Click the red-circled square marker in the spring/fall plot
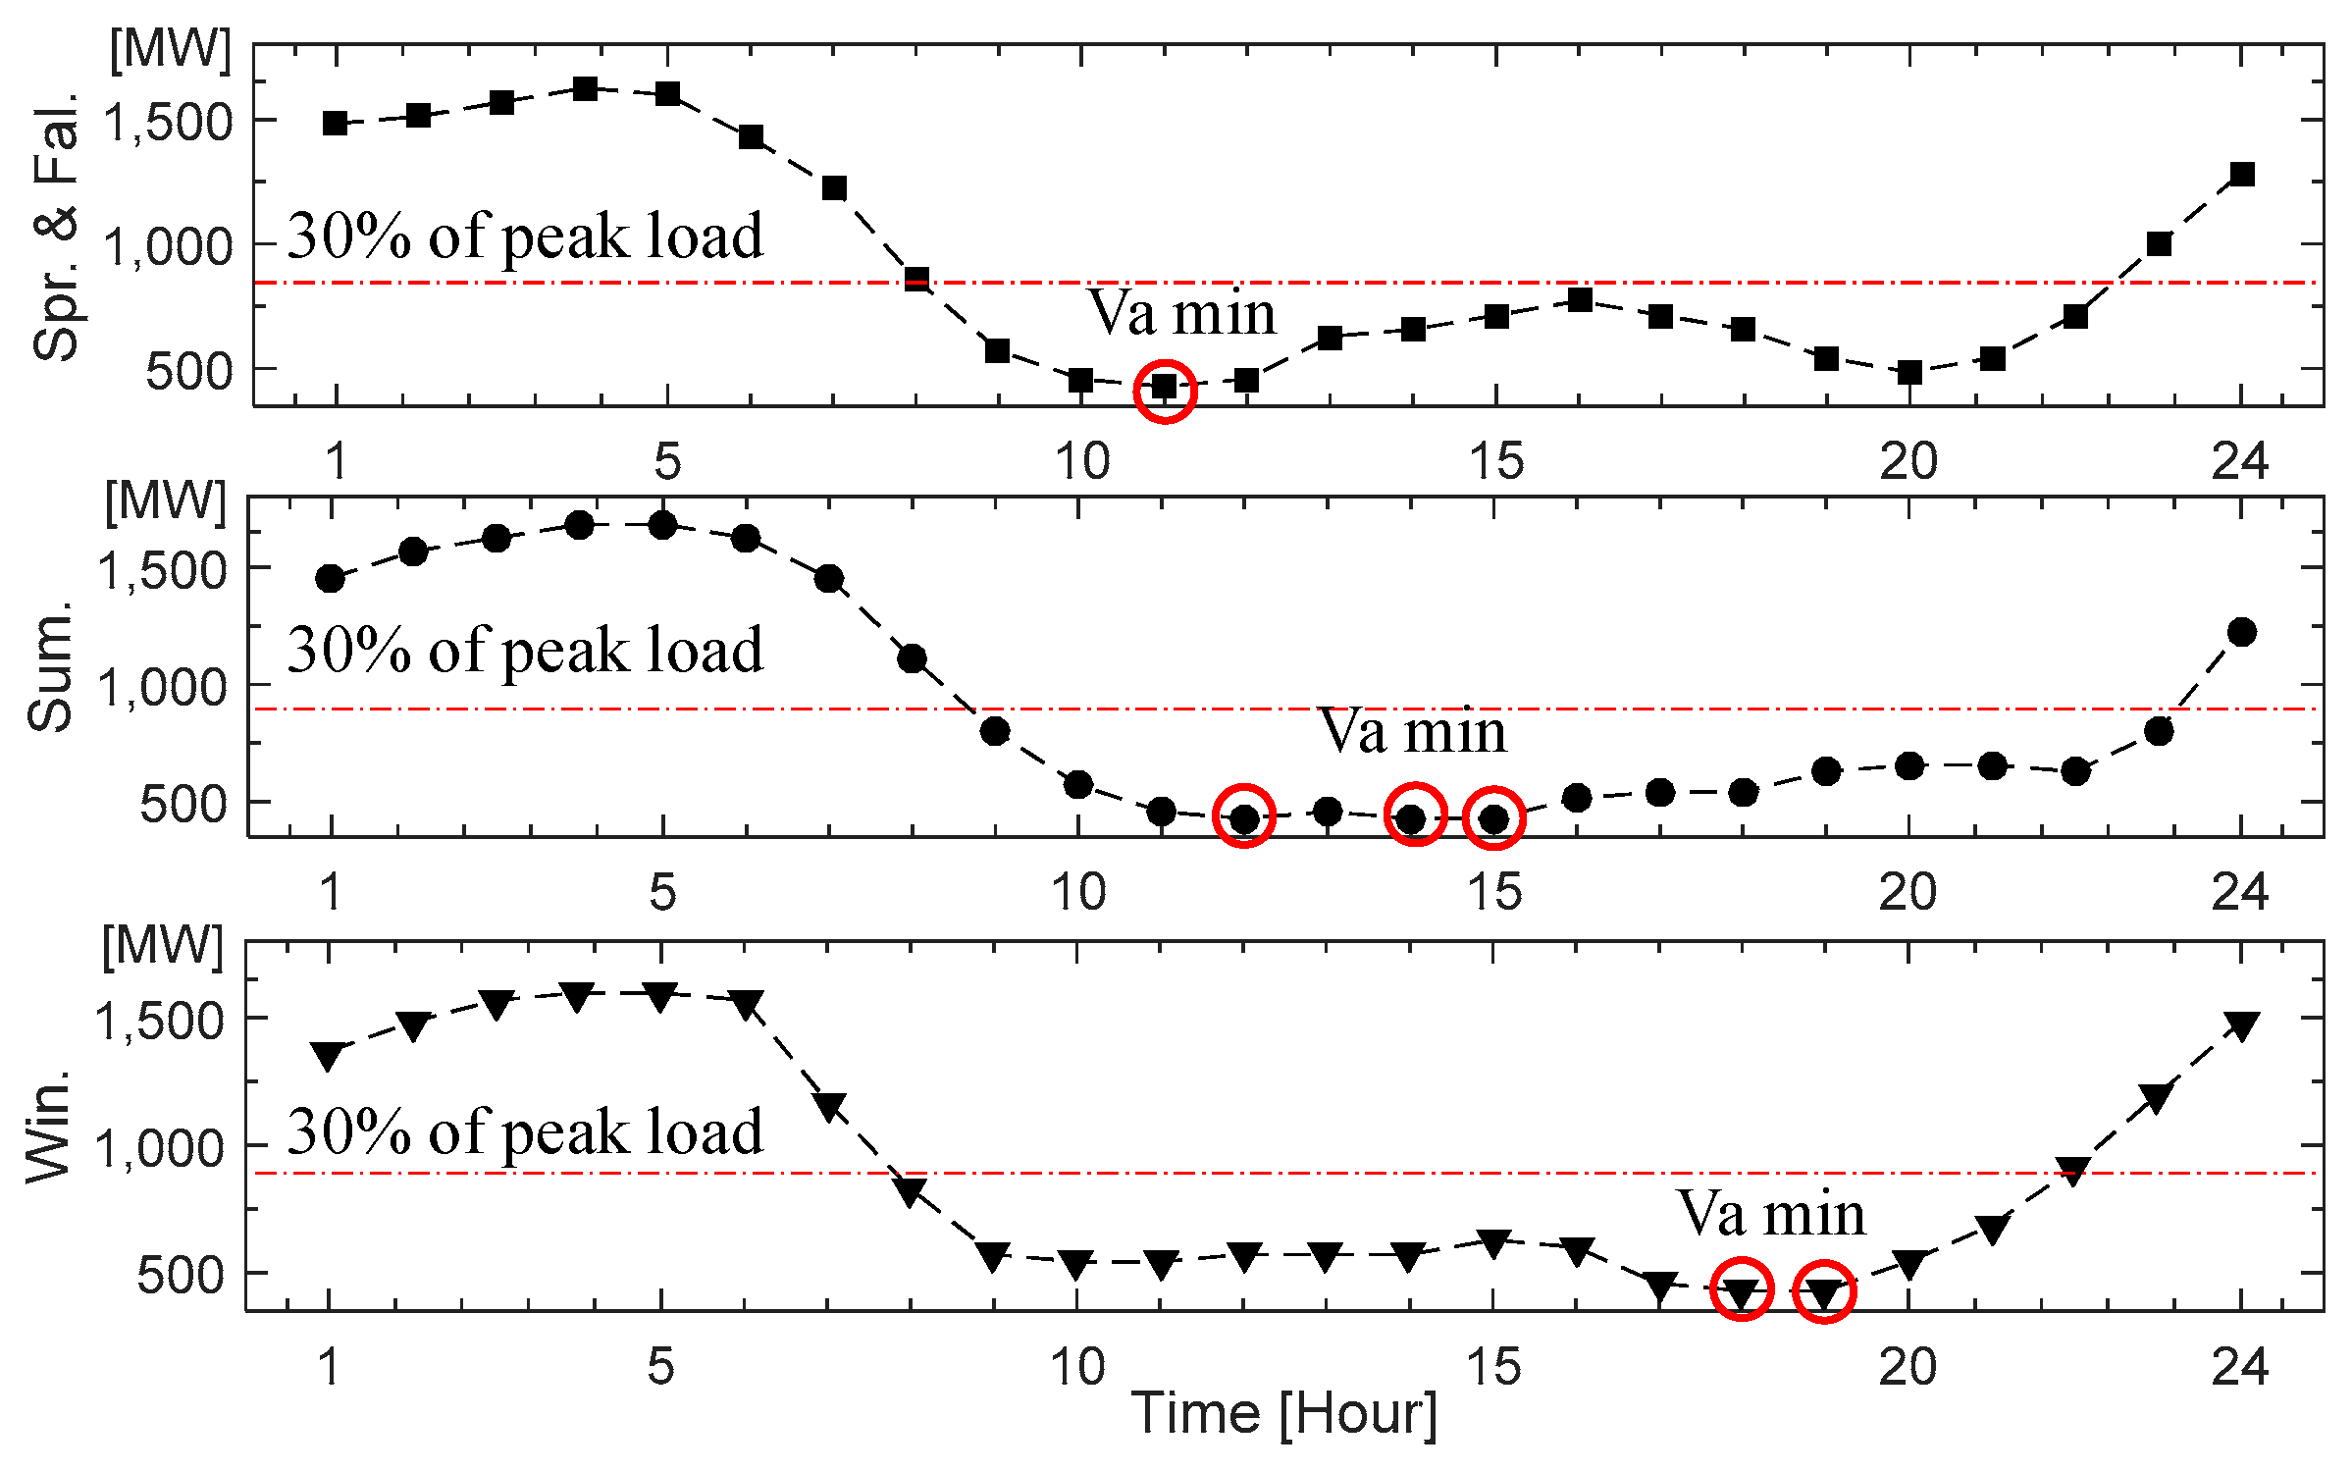[1164, 387]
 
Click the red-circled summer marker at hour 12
[1243, 816]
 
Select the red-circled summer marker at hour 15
[1493, 817]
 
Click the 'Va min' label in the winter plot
[1770, 1214]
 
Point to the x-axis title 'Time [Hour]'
[1283, 1415]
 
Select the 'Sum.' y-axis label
[51, 667]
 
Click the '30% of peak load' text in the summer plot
[525, 651]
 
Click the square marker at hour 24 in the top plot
[2241, 175]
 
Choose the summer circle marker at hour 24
[2241, 632]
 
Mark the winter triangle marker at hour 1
[328, 1055]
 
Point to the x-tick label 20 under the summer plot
[1908, 892]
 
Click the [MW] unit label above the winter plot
[163, 946]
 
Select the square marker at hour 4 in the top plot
[585, 89]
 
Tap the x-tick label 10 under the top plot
[1081, 461]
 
